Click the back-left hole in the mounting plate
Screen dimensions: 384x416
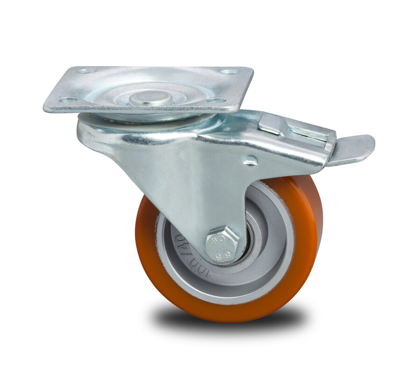[87, 71]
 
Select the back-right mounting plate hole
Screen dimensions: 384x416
[229, 72]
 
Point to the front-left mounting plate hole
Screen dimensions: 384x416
[68, 99]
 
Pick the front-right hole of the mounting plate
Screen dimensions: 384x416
[215, 100]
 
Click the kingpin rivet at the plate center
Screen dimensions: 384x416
[151, 97]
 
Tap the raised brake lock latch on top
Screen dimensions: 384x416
[273, 123]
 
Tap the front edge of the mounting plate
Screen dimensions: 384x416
[140, 109]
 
